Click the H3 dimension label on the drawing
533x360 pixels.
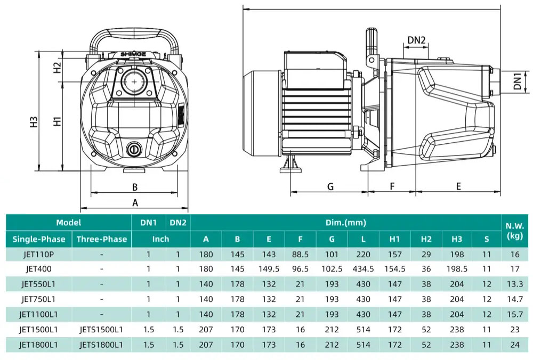click(34, 122)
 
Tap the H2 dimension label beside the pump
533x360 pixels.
click(58, 68)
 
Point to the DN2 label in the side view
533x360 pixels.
click(416, 40)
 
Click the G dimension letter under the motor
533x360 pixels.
click(330, 186)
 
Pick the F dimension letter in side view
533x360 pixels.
click(392, 186)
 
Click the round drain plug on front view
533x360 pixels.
click(133, 149)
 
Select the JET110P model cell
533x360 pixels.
click(38, 255)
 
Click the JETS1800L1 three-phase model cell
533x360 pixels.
click(101, 345)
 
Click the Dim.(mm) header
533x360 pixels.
click(345, 223)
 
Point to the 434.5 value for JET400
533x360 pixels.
click(363, 269)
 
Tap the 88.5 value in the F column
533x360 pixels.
click(300, 255)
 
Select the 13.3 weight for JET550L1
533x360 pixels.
click(514, 284)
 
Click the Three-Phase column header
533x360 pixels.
click(101, 239)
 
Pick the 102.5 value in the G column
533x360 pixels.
click(332, 269)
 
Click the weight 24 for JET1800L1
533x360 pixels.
click(514, 345)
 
